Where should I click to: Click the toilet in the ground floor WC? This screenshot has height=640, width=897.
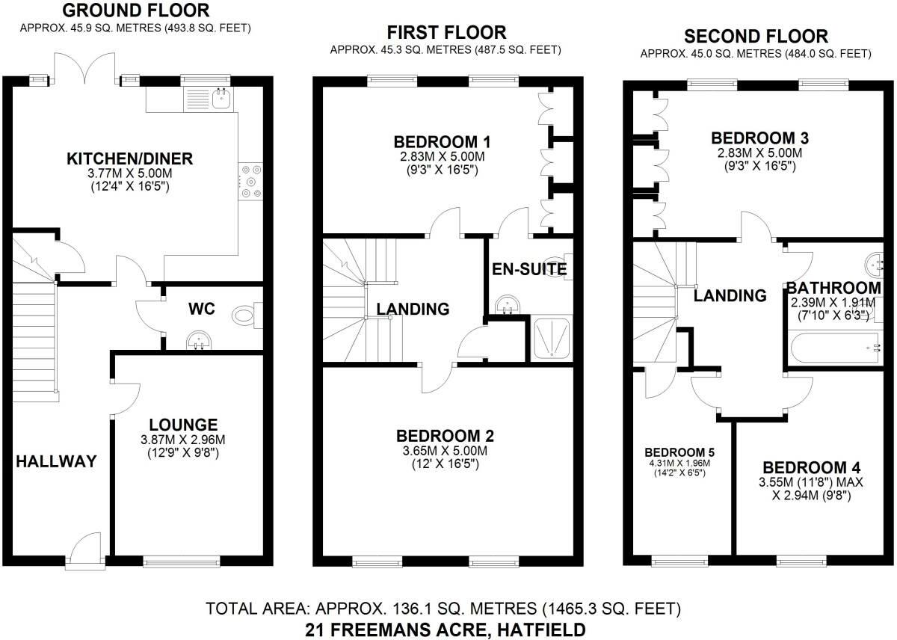[246, 316]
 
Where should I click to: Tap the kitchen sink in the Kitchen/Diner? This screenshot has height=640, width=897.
[220, 97]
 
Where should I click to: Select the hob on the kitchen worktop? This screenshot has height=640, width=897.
[250, 180]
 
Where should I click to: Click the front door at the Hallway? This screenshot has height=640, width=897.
[87, 544]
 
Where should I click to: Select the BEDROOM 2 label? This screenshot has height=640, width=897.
[446, 435]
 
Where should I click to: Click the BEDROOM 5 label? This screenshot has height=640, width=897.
[679, 453]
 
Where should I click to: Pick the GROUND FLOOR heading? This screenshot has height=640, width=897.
[135, 10]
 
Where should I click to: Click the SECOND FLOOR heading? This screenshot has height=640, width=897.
[756, 36]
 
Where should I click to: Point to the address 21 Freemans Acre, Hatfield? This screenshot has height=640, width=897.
[446, 630]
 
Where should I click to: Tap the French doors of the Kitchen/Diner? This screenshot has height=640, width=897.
[87, 69]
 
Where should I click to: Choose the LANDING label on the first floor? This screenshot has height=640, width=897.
[413, 309]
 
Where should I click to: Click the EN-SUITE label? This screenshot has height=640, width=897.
[528, 269]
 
